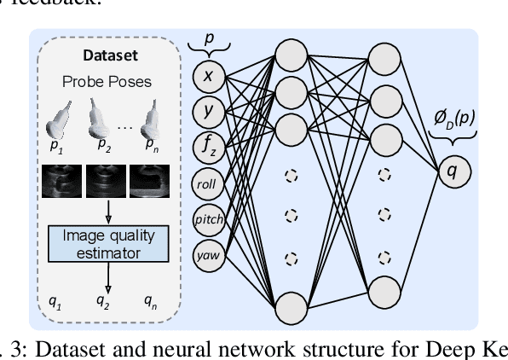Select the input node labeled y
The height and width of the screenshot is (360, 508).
click(208, 110)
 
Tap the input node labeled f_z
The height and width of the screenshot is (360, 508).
click(208, 147)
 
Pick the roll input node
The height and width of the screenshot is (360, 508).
click(208, 183)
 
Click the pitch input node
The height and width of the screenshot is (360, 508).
click(208, 218)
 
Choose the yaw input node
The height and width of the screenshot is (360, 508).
click(208, 253)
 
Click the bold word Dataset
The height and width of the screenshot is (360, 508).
click(112, 56)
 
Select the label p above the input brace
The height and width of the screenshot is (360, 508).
click(208, 38)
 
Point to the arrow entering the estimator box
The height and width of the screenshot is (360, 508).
click(113, 214)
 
